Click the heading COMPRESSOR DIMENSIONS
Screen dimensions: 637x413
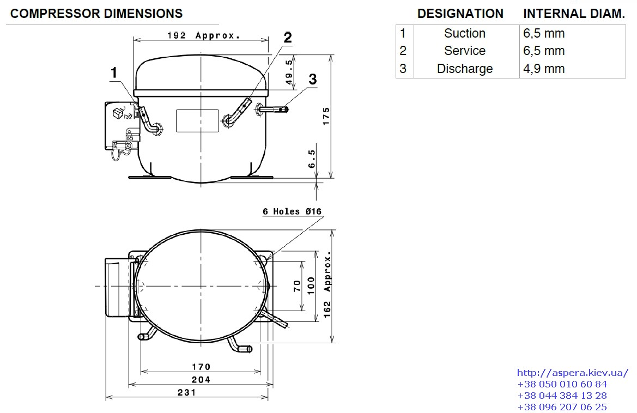[x=96, y=14]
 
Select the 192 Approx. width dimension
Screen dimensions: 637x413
[x=204, y=35]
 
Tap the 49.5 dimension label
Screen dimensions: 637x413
[x=289, y=72]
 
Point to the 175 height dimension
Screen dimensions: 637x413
[x=326, y=116]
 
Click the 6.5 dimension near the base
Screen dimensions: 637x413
[x=312, y=159]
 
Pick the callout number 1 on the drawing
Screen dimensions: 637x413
[x=114, y=72]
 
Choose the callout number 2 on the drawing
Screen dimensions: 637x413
[x=288, y=38]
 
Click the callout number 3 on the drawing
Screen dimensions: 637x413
[x=312, y=79]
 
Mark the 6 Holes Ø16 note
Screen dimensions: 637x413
[x=292, y=211]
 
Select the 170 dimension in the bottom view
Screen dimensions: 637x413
[x=201, y=367]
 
